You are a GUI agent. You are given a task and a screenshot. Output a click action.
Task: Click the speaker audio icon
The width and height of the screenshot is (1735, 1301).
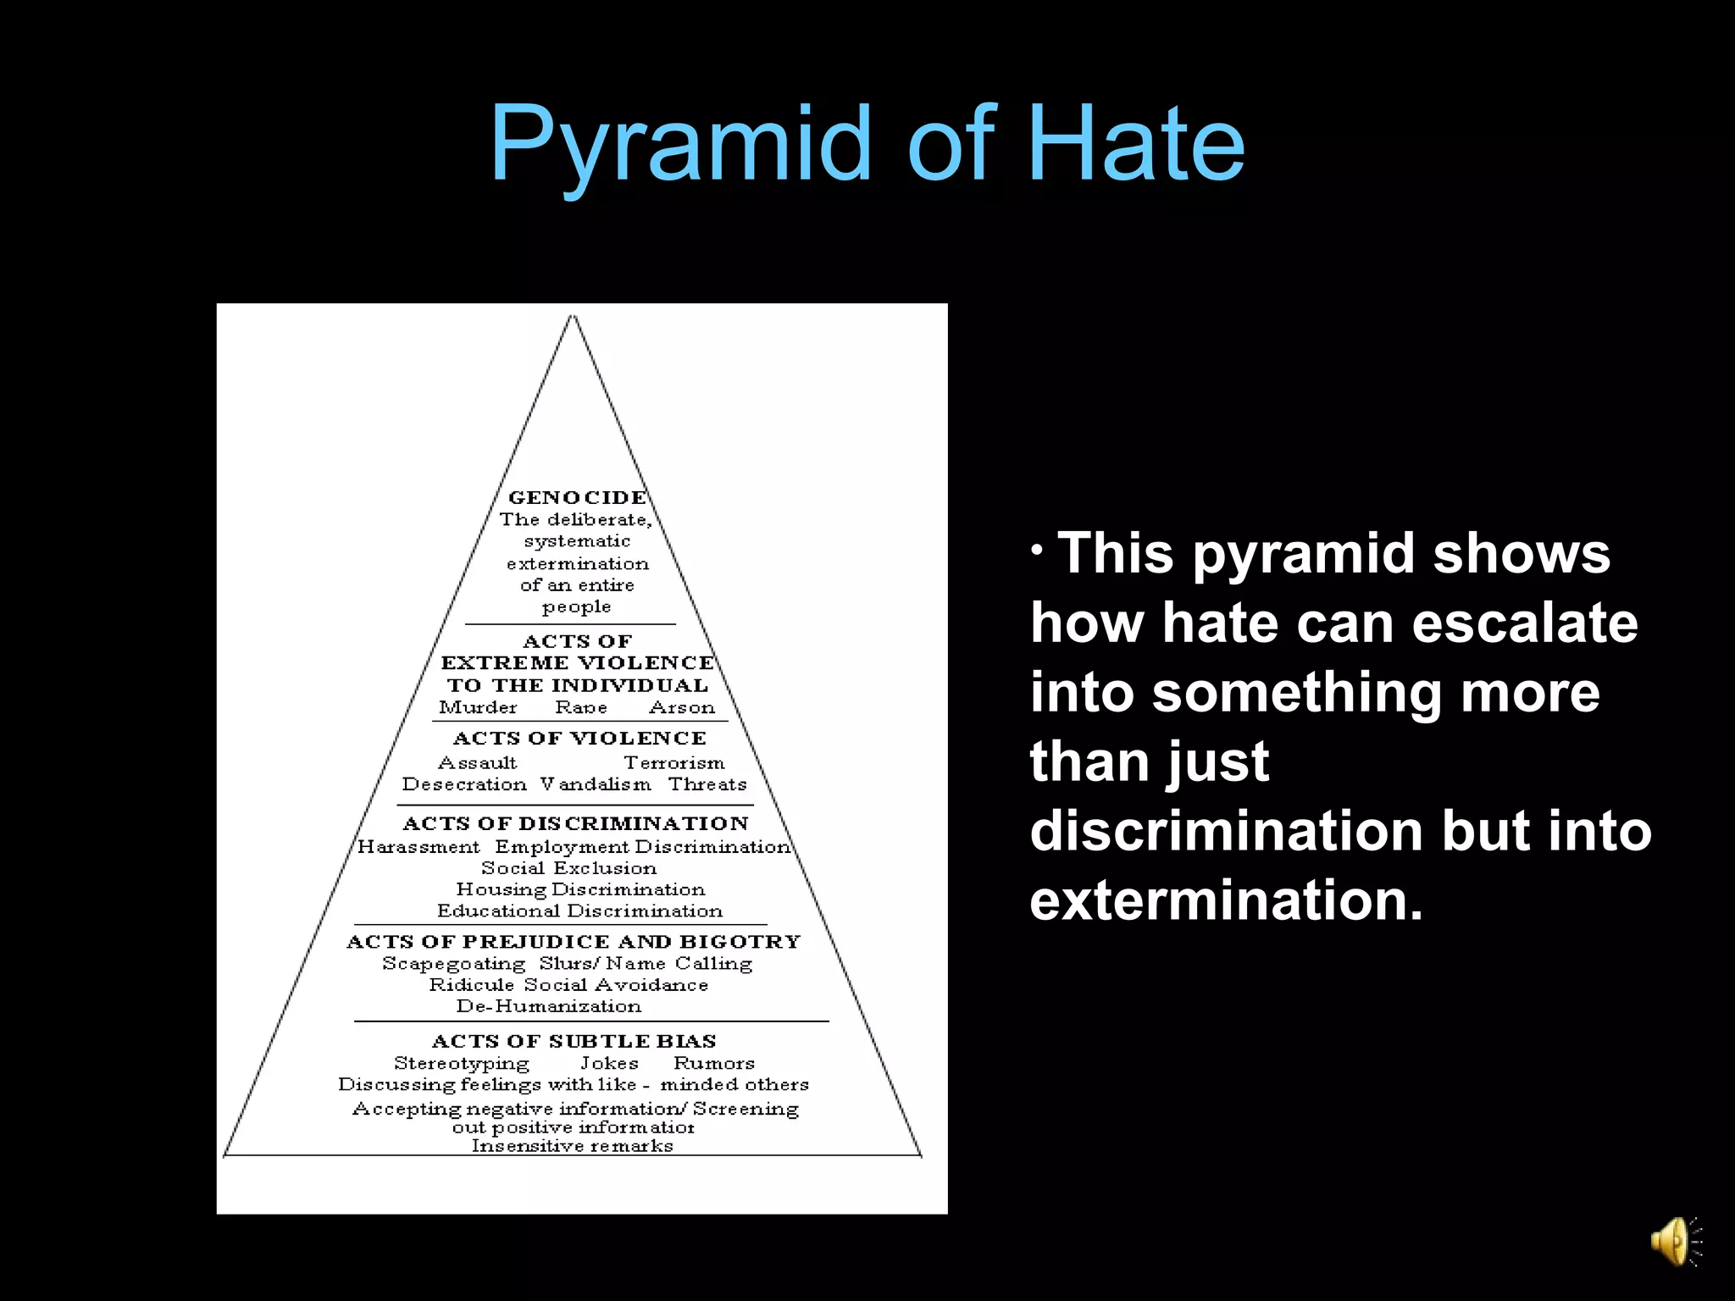[1674, 1242]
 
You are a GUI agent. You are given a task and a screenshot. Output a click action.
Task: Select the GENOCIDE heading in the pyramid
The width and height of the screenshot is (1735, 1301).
[577, 497]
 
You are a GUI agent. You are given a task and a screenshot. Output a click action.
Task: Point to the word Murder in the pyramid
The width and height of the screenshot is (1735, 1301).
[478, 707]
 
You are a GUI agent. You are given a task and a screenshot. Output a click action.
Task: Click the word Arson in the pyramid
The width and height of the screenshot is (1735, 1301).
[682, 707]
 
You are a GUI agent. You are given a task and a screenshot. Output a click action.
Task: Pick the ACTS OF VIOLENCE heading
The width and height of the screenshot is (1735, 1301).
[579, 739]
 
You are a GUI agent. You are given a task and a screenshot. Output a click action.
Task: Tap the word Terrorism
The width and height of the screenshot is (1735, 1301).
[674, 763]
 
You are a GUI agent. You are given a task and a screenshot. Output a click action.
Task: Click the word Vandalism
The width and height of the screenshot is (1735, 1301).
[596, 784]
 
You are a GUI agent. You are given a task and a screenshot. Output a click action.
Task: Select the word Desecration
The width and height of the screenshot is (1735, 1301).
[464, 784]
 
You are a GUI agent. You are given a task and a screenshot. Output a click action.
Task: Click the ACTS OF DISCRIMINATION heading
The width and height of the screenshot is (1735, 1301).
[575, 823]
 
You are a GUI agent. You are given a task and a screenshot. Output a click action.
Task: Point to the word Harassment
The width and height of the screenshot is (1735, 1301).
[419, 847]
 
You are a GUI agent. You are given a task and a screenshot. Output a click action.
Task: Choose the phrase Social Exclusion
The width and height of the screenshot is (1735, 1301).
[568, 868]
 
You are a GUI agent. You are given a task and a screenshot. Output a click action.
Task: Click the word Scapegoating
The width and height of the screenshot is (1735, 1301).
[454, 964]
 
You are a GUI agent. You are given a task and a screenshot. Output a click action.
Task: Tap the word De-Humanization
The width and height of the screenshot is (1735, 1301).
[549, 1006]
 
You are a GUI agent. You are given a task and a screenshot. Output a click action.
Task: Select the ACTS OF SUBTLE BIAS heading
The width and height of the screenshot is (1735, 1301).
[574, 1041]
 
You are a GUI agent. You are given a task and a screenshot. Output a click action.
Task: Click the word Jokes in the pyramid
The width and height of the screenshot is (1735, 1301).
[609, 1063]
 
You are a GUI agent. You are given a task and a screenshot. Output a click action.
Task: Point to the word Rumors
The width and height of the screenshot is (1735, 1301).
[714, 1063]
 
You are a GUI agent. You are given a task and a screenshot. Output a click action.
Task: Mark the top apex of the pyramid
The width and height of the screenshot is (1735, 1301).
[573, 317]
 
